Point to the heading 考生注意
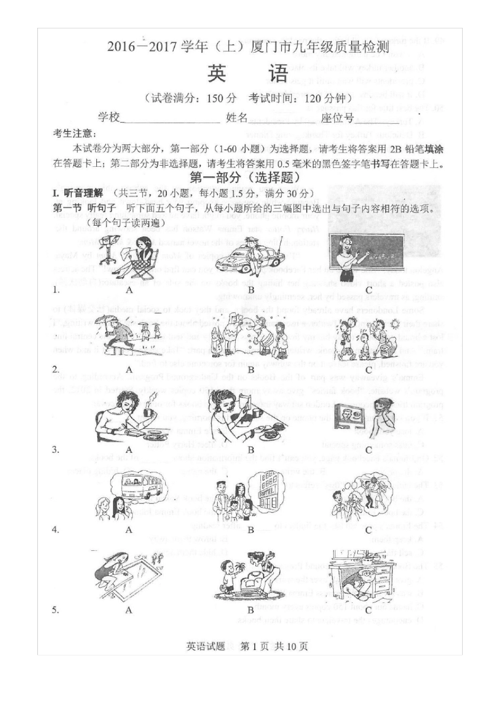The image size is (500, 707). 74,134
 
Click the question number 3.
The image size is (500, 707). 55,450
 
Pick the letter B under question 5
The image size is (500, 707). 251,610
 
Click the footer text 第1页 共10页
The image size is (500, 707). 274,647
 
